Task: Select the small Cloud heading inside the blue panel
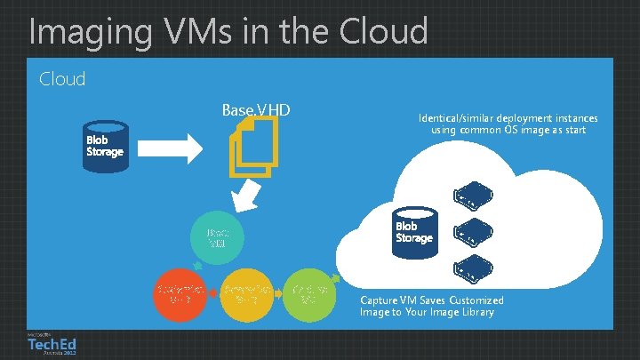pos(62,79)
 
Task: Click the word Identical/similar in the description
pos(454,118)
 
